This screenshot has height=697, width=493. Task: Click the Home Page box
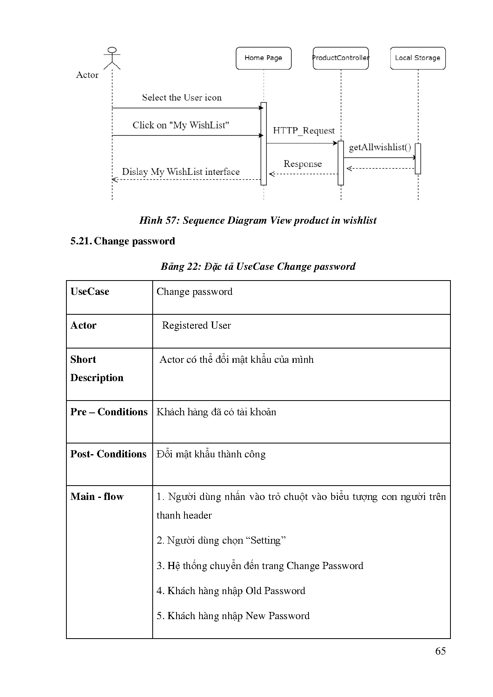(x=263, y=58)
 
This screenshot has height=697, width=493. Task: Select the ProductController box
(x=341, y=58)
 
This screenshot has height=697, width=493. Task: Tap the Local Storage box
(x=417, y=58)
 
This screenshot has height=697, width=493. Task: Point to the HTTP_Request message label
(x=304, y=131)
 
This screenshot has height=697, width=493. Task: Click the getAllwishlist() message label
(x=380, y=147)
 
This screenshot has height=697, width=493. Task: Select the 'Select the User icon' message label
(x=182, y=98)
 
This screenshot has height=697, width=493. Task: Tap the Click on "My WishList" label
(x=181, y=125)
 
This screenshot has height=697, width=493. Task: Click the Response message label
(x=303, y=164)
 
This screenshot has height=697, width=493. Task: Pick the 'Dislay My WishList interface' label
(x=181, y=172)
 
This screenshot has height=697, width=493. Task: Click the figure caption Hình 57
(x=258, y=221)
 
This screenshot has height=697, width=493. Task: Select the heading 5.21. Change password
(x=123, y=241)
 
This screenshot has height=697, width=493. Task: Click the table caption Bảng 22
(x=258, y=266)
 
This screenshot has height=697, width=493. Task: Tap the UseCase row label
(x=90, y=292)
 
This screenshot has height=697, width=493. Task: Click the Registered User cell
(x=196, y=325)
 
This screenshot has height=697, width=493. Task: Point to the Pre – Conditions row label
(x=109, y=412)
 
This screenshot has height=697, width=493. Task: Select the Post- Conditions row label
(x=109, y=454)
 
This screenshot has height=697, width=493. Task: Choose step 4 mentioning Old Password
(x=231, y=591)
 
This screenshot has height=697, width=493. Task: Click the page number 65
(x=440, y=651)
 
